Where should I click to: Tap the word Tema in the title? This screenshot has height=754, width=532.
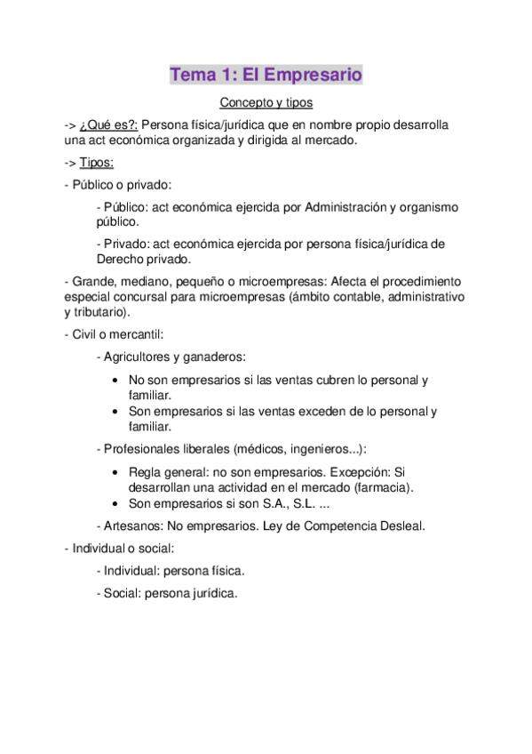click(193, 76)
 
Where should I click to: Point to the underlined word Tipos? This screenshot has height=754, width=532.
click(97, 163)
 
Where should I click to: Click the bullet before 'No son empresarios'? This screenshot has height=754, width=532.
click(118, 381)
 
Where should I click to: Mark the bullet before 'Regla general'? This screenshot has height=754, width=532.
click(118, 472)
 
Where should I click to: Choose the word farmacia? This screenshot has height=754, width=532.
click(382, 487)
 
